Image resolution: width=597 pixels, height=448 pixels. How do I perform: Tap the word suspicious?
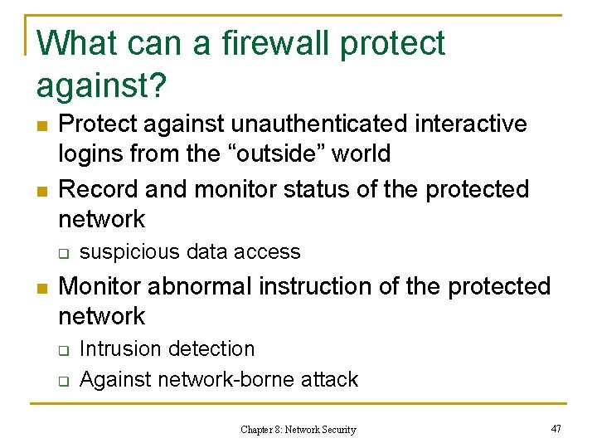point(132,251)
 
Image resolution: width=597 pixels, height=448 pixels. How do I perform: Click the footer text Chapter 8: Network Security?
point(298,430)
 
